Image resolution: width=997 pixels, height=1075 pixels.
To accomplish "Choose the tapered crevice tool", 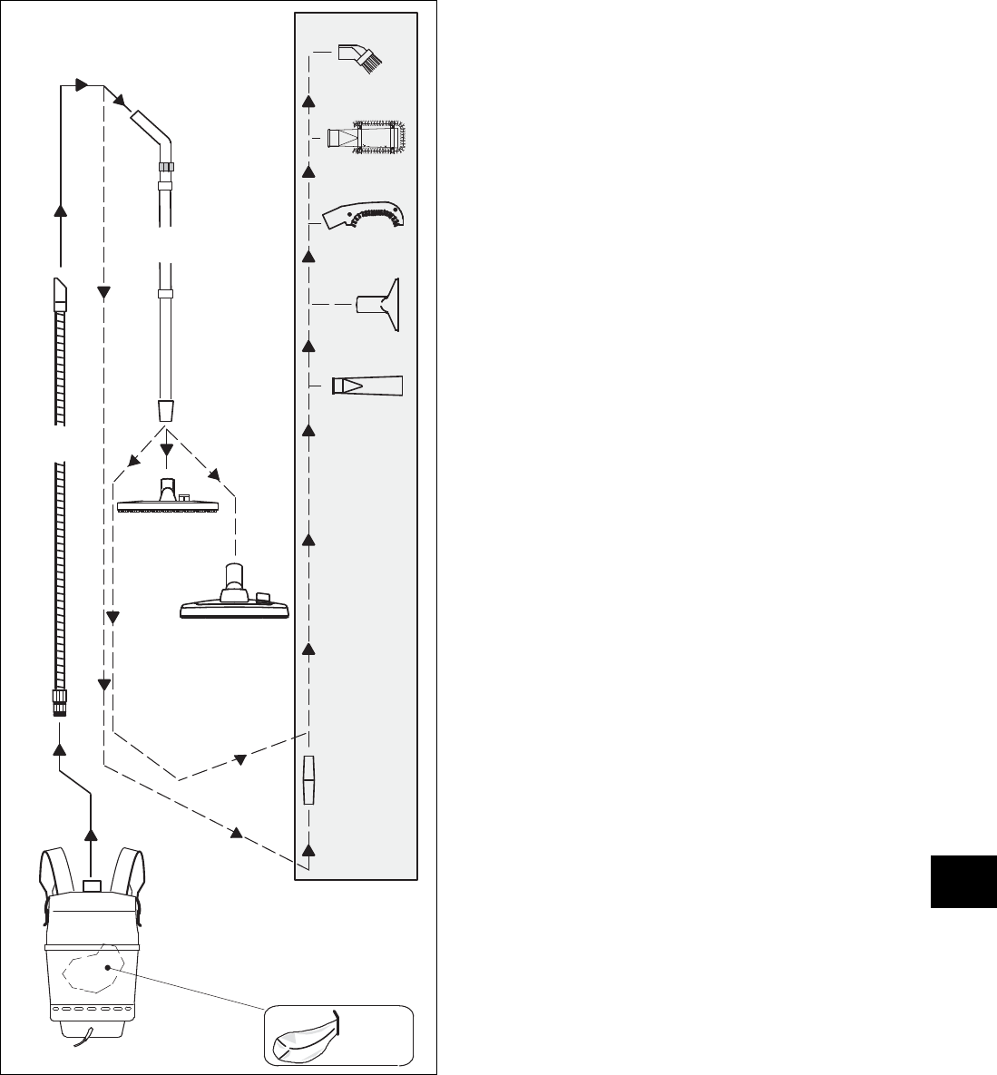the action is [367, 385].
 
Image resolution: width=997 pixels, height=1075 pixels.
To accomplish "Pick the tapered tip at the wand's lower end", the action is [167, 408].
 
